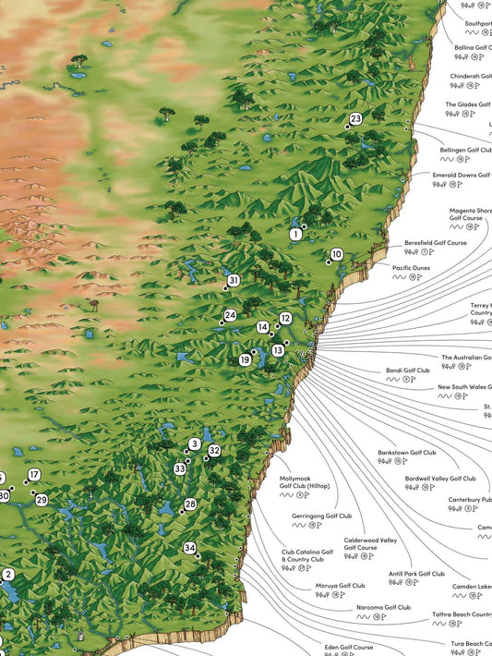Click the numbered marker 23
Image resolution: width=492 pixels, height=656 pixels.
pos(355,119)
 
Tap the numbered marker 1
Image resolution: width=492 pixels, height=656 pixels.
pos(296,236)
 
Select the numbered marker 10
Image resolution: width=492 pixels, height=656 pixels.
pos(337,254)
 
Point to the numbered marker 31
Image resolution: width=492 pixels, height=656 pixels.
pos(234,280)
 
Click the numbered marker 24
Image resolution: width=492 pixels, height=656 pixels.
pos(231,315)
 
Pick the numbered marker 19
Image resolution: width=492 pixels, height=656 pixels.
pos(245,359)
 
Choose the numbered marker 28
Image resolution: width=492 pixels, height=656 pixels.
pos(190,504)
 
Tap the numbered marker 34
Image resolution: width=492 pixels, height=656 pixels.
pos(190,548)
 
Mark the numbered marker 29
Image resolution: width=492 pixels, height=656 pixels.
pos(42,499)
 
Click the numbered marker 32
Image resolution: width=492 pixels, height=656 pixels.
pos(214,451)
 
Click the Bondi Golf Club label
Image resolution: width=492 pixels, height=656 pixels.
pos(408,371)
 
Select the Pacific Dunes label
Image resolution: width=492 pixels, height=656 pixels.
pos(411,267)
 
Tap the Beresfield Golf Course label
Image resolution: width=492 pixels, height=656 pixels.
pos(435,243)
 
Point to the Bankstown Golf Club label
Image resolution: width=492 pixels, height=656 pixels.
pos(406,453)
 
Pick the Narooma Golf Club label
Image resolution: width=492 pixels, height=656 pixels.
pos(383,607)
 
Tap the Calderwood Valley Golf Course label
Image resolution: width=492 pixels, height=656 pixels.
pos(370,543)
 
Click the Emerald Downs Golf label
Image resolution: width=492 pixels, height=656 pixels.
pos(462,175)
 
